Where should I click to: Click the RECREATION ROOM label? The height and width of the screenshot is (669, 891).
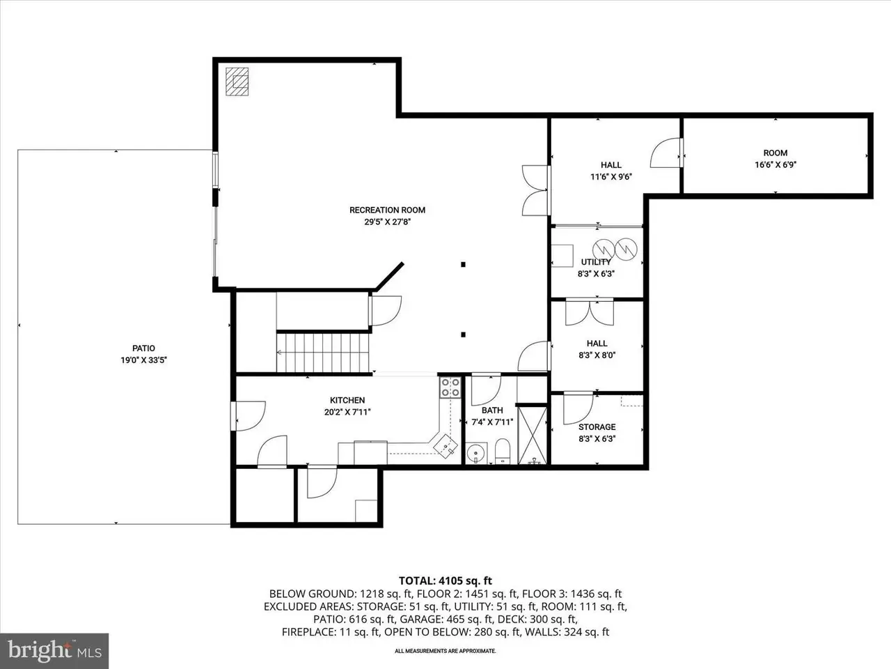click(387, 210)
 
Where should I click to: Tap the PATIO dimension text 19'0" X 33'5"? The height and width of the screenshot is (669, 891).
click(143, 360)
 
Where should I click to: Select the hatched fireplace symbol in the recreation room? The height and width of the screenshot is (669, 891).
click(237, 82)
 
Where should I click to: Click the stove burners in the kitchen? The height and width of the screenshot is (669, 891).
click(450, 387)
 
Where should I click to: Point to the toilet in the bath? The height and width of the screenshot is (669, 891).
click(502, 451)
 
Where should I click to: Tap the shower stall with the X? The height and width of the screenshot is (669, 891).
click(533, 436)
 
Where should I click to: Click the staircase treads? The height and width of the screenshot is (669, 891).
click(323, 353)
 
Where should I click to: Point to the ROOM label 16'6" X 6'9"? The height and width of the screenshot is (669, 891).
click(775, 159)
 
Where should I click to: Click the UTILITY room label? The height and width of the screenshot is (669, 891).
click(596, 262)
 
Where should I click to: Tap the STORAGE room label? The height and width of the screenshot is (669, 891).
click(597, 427)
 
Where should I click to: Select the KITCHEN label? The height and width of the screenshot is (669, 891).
click(347, 400)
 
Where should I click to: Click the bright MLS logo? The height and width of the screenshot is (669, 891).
click(54, 651)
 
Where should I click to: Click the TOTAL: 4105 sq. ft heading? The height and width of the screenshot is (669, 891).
click(445, 581)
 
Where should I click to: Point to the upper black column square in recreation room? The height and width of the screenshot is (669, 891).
click(463, 264)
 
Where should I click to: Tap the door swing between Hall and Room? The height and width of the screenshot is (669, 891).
click(666, 153)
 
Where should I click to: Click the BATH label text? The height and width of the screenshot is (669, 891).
click(492, 410)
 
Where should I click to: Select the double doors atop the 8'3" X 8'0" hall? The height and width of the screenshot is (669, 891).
click(590, 312)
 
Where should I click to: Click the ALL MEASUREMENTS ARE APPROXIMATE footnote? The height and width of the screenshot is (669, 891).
click(445, 651)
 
